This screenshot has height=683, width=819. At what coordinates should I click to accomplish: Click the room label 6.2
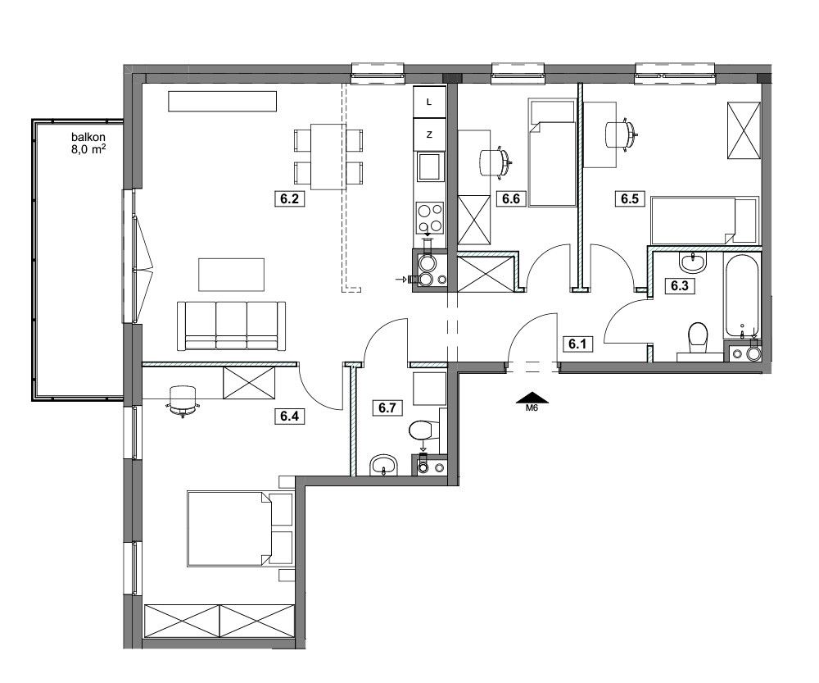pyautogui.click(x=289, y=198)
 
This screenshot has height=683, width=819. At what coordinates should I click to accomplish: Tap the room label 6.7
pyautogui.click(x=387, y=408)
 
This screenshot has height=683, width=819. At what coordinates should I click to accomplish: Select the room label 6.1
pyautogui.click(x=577, y=344)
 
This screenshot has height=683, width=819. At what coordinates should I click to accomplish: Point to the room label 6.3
pyautogui.click(x=680, y=286)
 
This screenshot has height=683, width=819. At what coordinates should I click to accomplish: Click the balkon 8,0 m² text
pyautogui.click(x=88, y=142)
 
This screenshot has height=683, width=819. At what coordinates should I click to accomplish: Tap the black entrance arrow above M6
pyautogui.click(x=532, y=397)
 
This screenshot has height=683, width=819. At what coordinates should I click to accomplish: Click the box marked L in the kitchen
pyautogui.click(x=429, y=102)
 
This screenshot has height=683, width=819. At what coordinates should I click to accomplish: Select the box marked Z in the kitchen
pyautogui.click(x=429, y=134)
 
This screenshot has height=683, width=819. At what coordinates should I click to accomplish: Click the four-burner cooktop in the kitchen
pyautogui.click(x=429, y=218)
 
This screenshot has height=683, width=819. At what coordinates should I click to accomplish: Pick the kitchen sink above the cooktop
pyautogui.click(x=429, y=167)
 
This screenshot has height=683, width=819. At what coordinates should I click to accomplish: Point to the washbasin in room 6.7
pyautogui.click(x=384, y=466)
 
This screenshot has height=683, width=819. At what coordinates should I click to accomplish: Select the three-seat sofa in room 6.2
pyautogui.click(x=232, y=326)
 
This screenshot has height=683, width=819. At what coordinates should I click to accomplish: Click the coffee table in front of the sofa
pyautogui.click(x=231, y=275)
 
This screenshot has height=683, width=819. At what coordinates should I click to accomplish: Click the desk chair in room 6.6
pyautogui.click(x=495, y=162)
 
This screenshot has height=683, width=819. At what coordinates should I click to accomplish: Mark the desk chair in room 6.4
pyautogui.click(x=183, y=401)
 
